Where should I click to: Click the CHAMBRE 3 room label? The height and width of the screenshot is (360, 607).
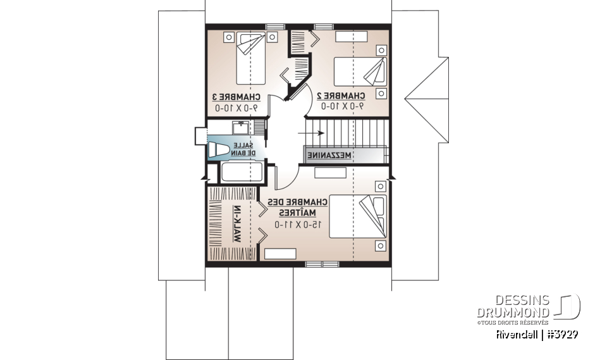point(236,96)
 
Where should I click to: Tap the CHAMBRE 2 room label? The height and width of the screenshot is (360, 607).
point(341,96)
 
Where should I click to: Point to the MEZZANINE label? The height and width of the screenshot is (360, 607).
point(329,155)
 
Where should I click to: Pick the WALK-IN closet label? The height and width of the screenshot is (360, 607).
point(238,225)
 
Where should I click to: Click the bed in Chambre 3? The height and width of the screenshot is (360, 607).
point(251,59)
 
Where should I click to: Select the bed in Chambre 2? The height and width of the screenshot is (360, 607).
point(360,71)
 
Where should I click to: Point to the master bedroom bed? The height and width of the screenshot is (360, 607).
point(358,216)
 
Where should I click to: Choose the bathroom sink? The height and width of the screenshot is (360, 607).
point(240,128)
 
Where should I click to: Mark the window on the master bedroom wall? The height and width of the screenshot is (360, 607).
point(314,263)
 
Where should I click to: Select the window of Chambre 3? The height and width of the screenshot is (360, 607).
point(274,27)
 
